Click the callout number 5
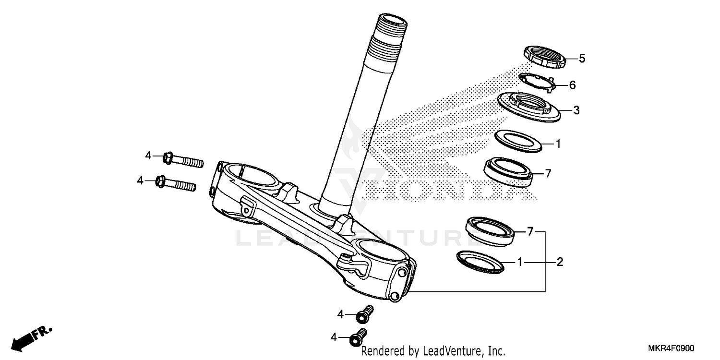pos(582,59)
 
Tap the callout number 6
pos(572,85)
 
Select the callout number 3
pos(576,110)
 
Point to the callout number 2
pos(560,262)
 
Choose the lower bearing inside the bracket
pos(490,230)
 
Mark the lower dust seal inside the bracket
pos(480,261)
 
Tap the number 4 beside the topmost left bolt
pos(149,156)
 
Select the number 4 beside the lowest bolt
pos(334,338)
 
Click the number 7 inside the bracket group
pos(530,232)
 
